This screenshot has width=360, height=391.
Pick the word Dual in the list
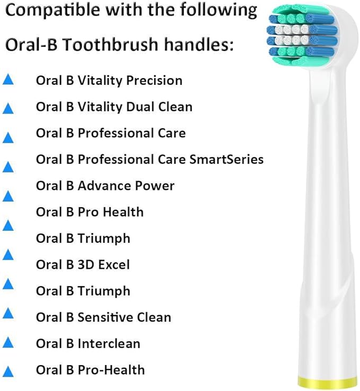pos(141,107)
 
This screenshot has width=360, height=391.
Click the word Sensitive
pos(104,317)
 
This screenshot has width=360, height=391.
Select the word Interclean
pos(109,343)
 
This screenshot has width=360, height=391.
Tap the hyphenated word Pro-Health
pos(111,370)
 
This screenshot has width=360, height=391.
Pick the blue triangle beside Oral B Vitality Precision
pos(8,81)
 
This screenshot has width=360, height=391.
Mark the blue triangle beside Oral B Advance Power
pos(8,196)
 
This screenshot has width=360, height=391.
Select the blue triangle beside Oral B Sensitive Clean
pos(8,313)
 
